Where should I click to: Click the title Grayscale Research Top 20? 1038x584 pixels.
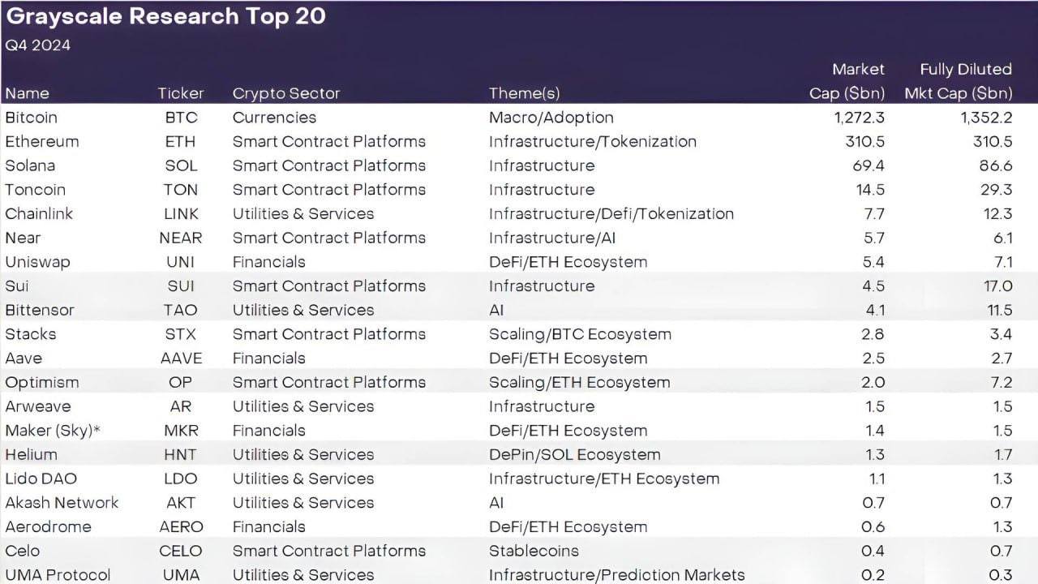coord(165,17)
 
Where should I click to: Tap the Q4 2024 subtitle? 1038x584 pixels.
coord(38,45)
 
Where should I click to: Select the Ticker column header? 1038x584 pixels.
coord(181,93)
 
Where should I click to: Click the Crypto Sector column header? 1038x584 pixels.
coord(286,93)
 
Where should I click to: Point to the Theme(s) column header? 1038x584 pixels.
coord(524,93)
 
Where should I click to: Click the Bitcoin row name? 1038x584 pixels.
coord(31,118)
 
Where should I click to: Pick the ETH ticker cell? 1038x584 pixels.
coord(180,141)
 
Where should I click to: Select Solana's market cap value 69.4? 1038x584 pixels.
coord(869,165)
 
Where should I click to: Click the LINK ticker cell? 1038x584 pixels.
coord(180,214)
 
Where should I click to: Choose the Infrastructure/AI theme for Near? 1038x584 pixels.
coord(552,238)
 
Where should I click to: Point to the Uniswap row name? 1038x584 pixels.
coord(37,262)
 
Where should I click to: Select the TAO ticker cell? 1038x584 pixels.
coord(180,310)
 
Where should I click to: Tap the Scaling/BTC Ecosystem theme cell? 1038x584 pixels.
coord(580,334)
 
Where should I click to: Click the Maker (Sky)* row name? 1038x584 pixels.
coord(53,431)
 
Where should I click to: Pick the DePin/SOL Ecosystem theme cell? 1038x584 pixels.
coord(574,455)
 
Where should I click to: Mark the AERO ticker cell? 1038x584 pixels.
coord(181,527)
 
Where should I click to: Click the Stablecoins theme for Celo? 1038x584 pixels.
coord(534,552)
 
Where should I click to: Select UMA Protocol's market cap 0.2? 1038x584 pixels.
coord(873,575)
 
